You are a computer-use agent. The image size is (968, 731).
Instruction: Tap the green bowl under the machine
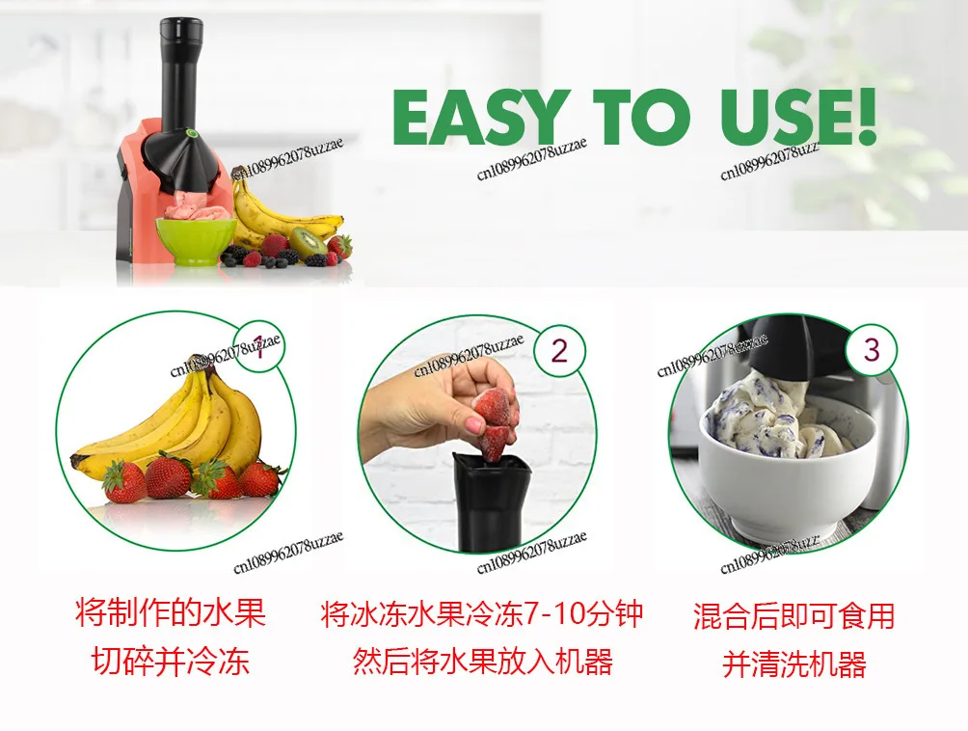(x=196, y=240)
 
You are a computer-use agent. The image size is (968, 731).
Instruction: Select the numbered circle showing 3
(x=871, y=348)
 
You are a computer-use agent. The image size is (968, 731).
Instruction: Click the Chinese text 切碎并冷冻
(x=171, y=662)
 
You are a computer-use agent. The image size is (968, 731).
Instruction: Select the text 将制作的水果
(x=171, y=612)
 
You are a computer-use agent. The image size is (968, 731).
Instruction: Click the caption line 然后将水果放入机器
(x=482, y=663)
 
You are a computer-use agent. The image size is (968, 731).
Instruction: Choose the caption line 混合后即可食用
(x=793, y=615)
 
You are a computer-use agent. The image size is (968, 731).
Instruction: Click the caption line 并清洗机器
(x=793, y=664)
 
